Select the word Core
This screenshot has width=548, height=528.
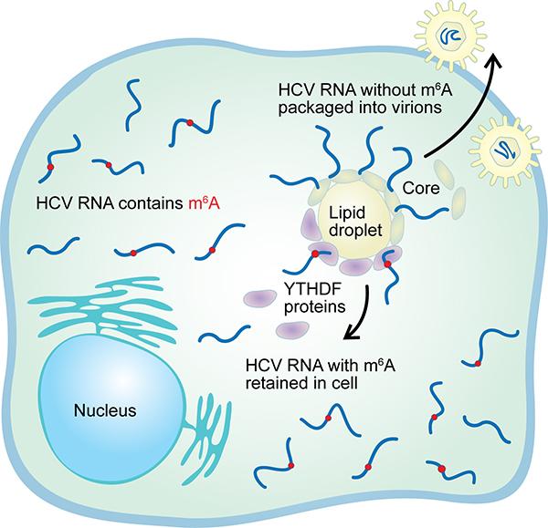(419, 187)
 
